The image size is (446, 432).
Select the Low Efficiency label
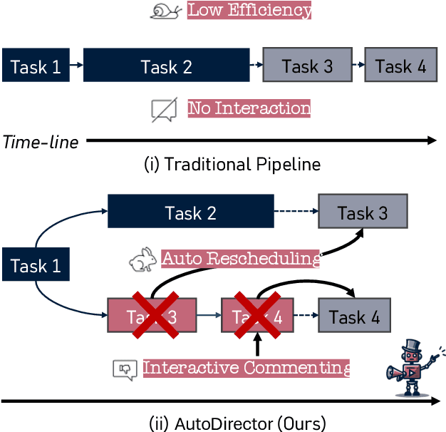click(249, 11)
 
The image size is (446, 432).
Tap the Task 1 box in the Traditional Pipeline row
click(36, 66)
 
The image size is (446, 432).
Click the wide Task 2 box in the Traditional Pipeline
click(166, 66)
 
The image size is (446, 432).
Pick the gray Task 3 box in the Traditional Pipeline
click(307, 66)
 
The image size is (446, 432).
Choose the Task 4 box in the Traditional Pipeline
click(400, 66)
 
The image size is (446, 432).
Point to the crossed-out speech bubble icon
click(164, 110)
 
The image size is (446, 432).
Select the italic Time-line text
click(41, 141)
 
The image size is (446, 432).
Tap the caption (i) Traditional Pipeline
click(232, 165)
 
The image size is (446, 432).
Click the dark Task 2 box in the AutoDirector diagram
click(190, 212)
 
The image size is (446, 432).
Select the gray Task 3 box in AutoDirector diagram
click(363, 212)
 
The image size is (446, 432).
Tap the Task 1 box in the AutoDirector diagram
click(36, 266)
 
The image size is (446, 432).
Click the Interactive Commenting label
click(247, 369)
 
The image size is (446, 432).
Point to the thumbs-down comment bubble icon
click(124, 369)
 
